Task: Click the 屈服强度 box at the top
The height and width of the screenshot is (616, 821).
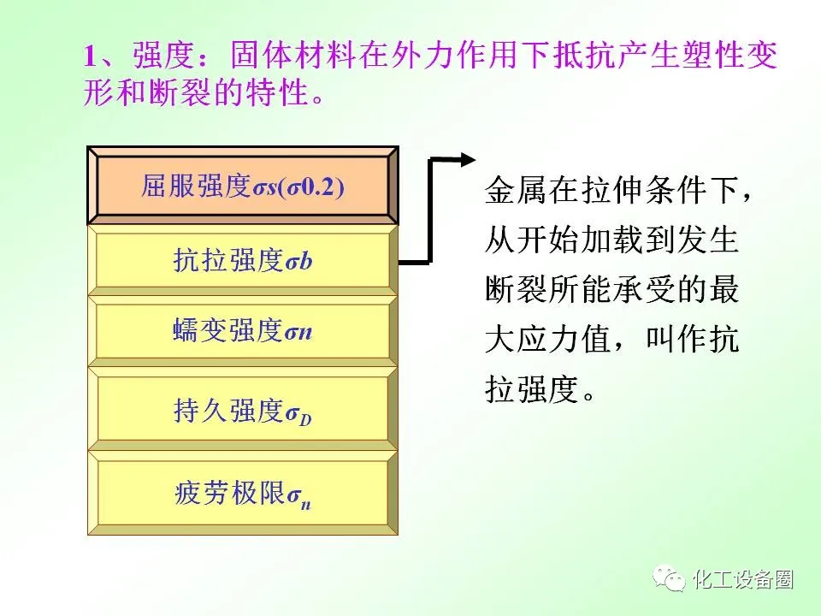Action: (x=242, y=186)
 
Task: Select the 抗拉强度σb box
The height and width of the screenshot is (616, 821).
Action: (x=242, y=260)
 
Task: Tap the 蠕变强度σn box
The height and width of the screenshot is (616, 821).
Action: (x=242, y=331)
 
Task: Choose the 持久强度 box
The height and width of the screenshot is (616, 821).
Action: (x=242, y=409)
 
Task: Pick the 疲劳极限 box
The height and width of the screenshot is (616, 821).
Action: (x=242, y=493)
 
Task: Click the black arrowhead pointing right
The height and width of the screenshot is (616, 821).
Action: (x=468, y=160)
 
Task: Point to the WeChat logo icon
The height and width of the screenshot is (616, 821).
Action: (x=669, y=579)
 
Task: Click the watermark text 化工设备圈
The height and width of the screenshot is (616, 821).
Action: (x=743, y=580)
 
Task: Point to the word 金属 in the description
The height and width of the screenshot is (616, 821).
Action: (x=517, y=190)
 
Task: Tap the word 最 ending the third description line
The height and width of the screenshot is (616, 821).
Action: (x=724, y=288)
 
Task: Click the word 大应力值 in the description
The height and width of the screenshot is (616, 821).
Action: (x=547, y=339)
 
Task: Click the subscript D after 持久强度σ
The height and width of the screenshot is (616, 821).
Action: (x=305, y=418)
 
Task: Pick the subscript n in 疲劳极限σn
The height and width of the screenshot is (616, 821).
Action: (x=305, y=505)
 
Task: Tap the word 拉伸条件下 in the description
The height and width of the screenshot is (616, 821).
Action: (x=645, y=190)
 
